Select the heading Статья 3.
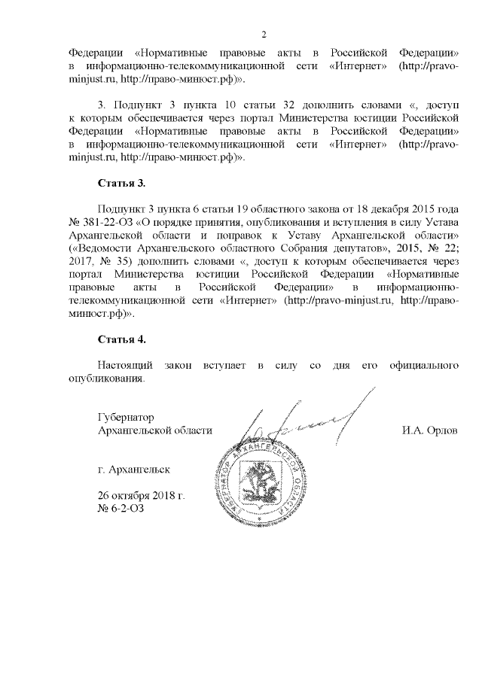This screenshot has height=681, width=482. tap(121, 184)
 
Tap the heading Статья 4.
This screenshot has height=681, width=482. tap(121, 342)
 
